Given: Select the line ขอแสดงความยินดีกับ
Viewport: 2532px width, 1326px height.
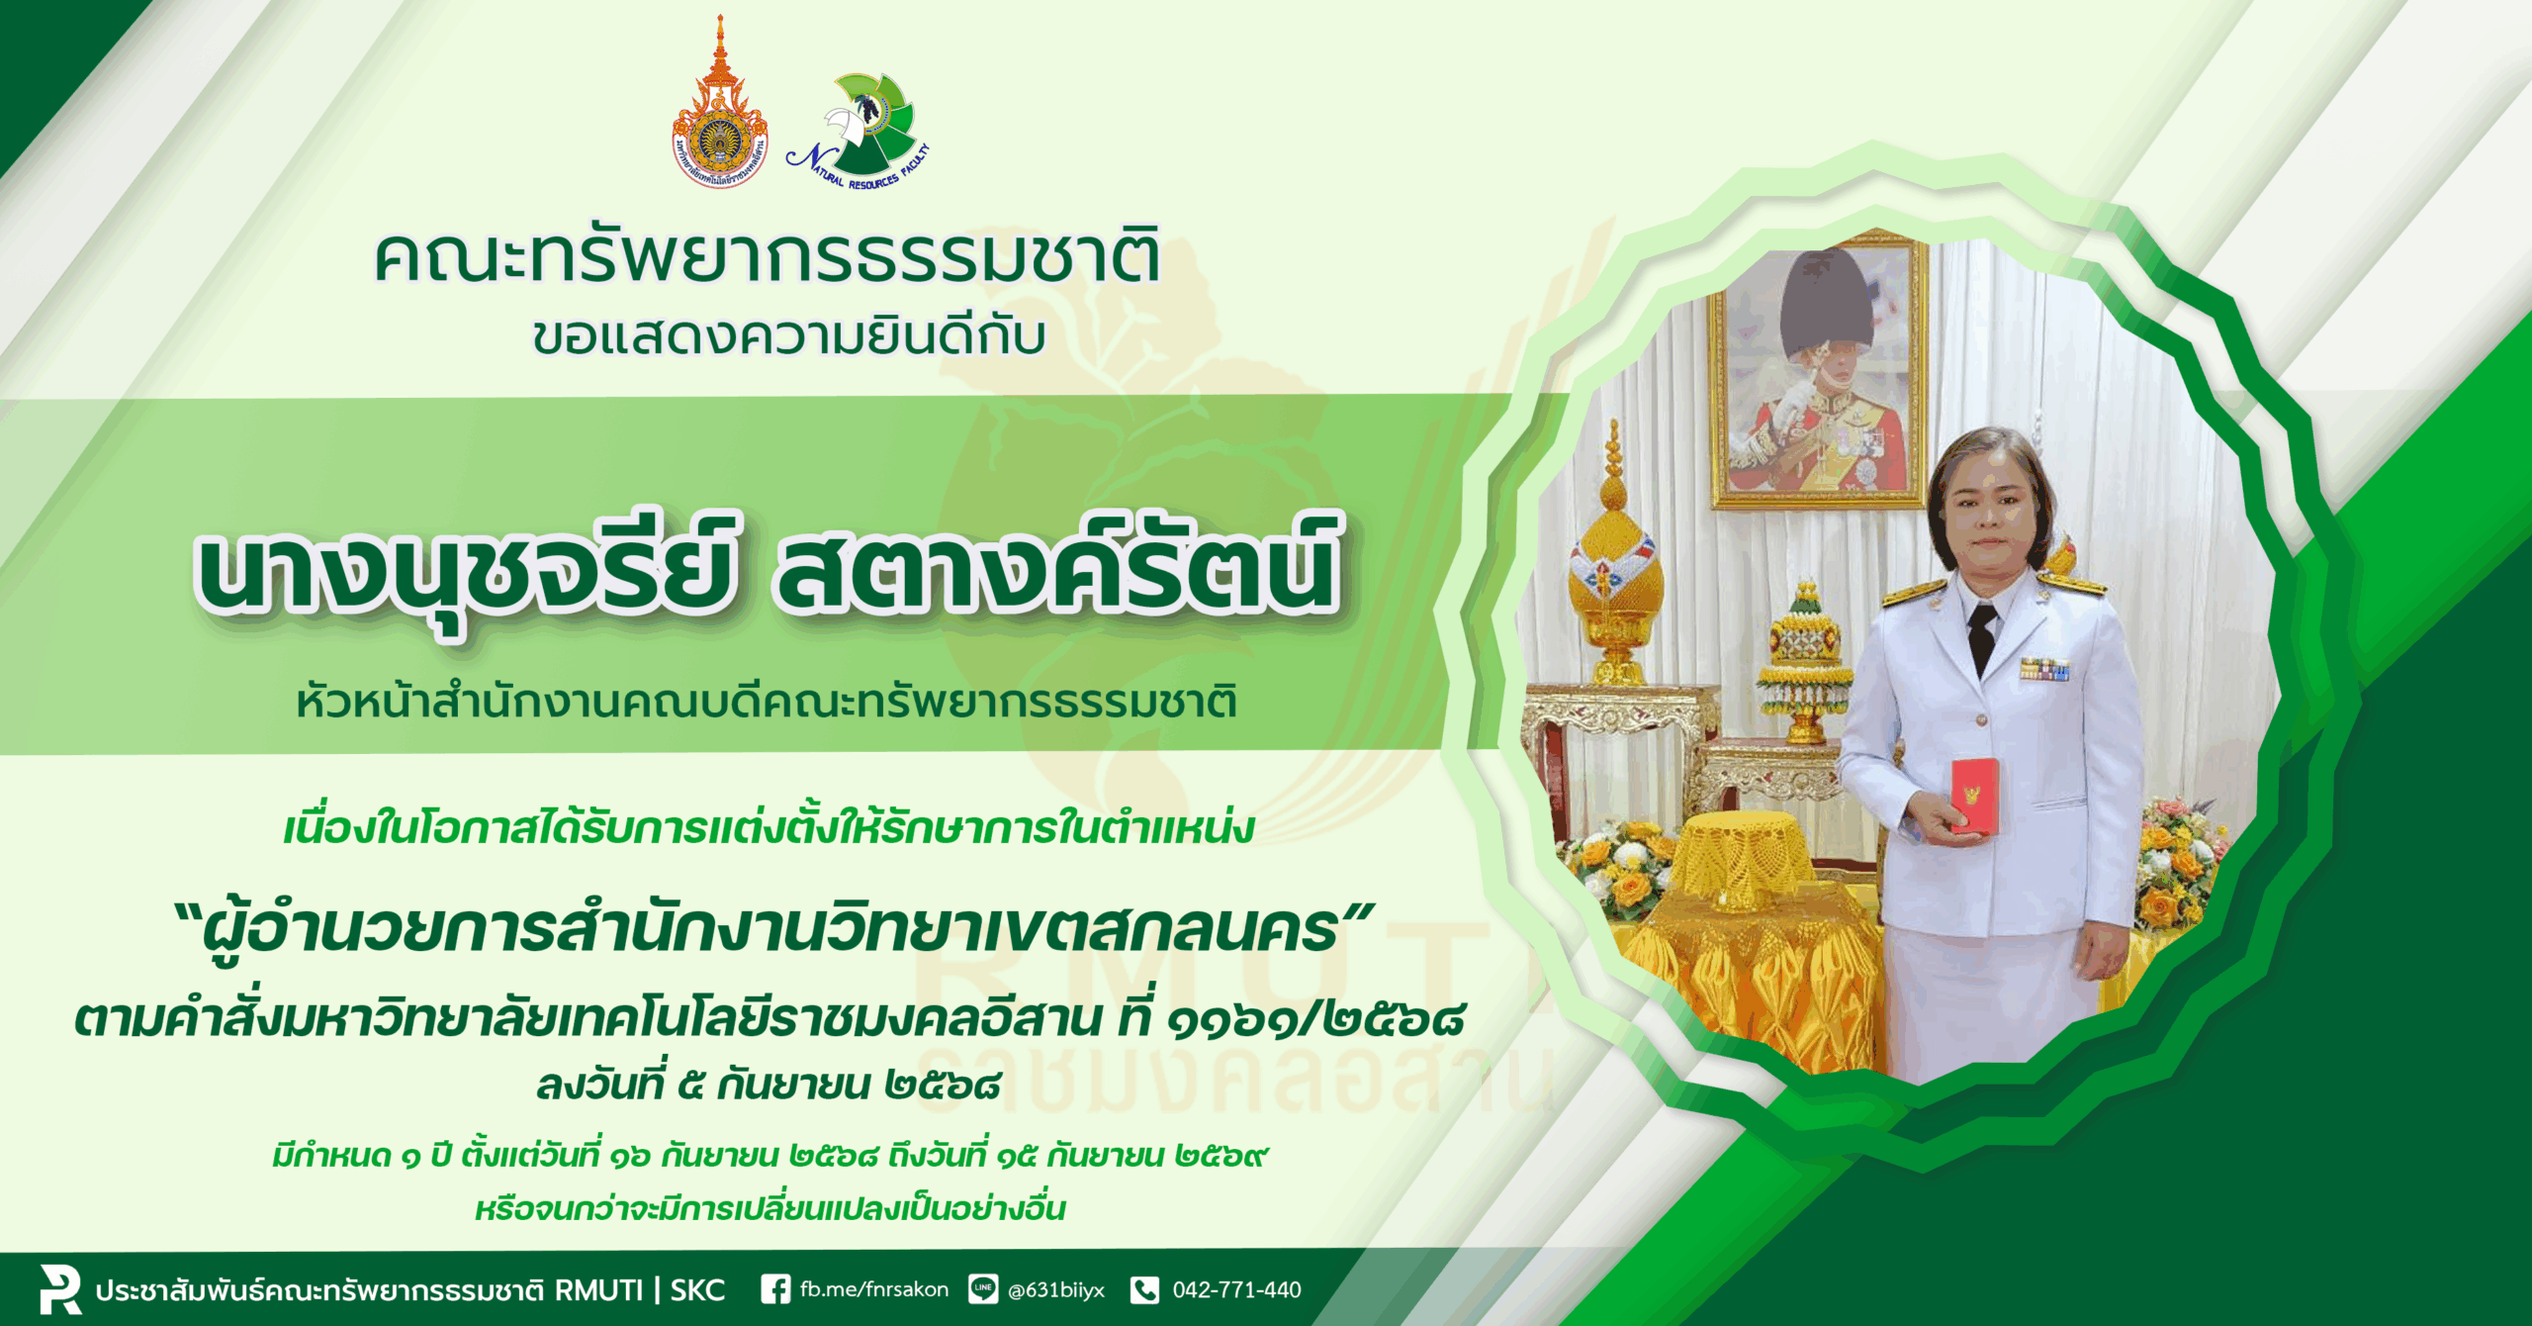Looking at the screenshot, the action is [x=788, y=335].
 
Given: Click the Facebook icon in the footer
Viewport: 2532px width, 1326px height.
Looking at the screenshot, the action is [x=775, y=1289].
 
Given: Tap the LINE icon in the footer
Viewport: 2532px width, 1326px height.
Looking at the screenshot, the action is [x=983, y=1289].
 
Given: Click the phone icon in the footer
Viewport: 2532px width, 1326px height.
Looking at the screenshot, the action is [x=1144, y=1289].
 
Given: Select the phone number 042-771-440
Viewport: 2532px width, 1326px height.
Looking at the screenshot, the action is [x=1236, y=1289].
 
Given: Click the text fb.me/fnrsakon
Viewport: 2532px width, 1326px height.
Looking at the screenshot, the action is [x=874, y=1289].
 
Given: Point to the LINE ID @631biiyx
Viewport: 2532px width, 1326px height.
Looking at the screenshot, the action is [x=1056, y=1289].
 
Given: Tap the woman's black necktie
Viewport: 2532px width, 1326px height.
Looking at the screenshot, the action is [x=1981, y=637].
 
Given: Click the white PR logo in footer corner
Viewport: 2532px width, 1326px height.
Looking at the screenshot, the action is [x=59, y=1289].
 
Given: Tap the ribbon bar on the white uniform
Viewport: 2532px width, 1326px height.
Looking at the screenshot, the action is [x=2044, y=670].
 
